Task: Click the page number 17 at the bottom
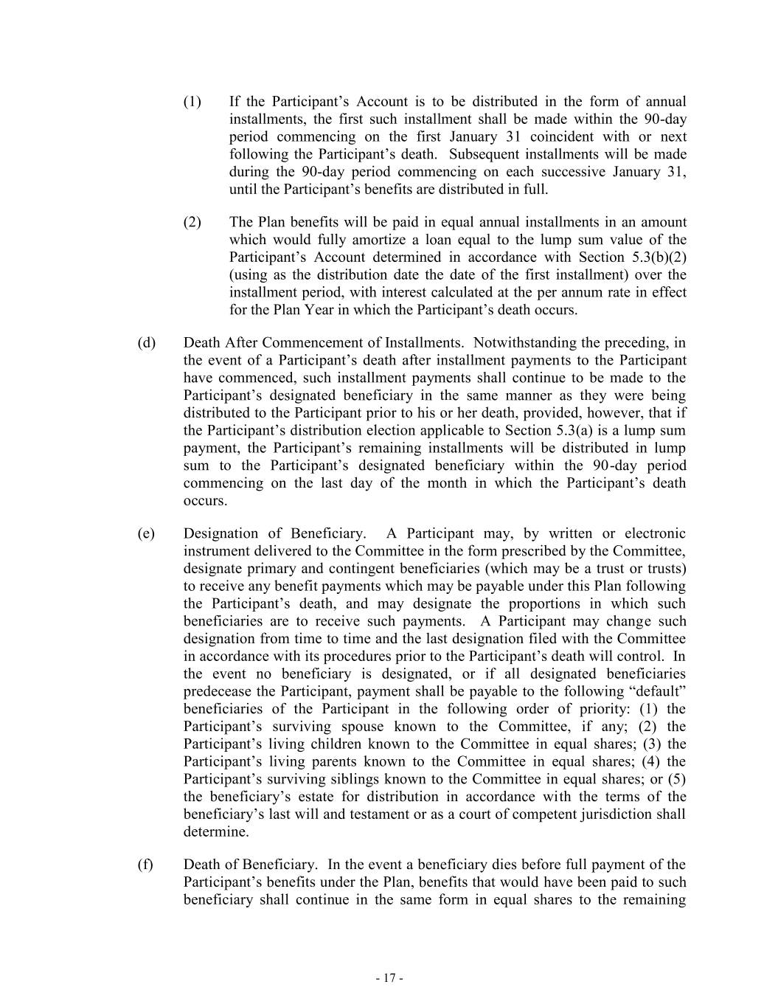tap(389, 978)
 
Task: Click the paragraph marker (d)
tap(146, 342)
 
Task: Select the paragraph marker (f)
tap(145, 865)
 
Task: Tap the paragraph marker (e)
tap(146, 533)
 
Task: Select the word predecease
tap(219, 691)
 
